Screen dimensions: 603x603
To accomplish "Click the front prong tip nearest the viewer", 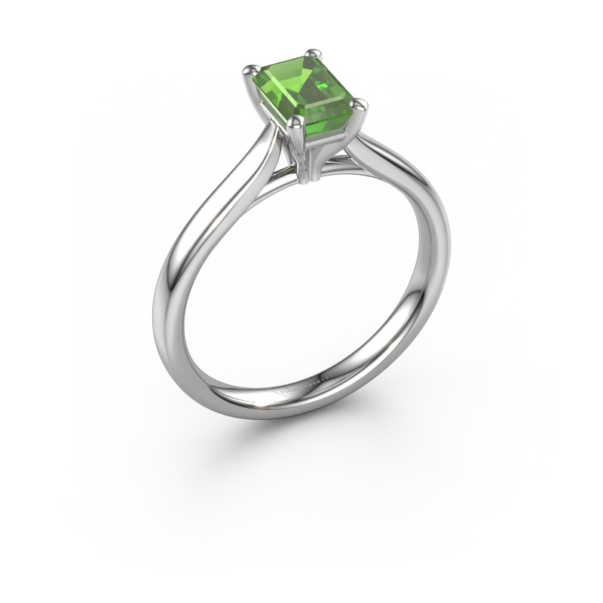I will [296, 122].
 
